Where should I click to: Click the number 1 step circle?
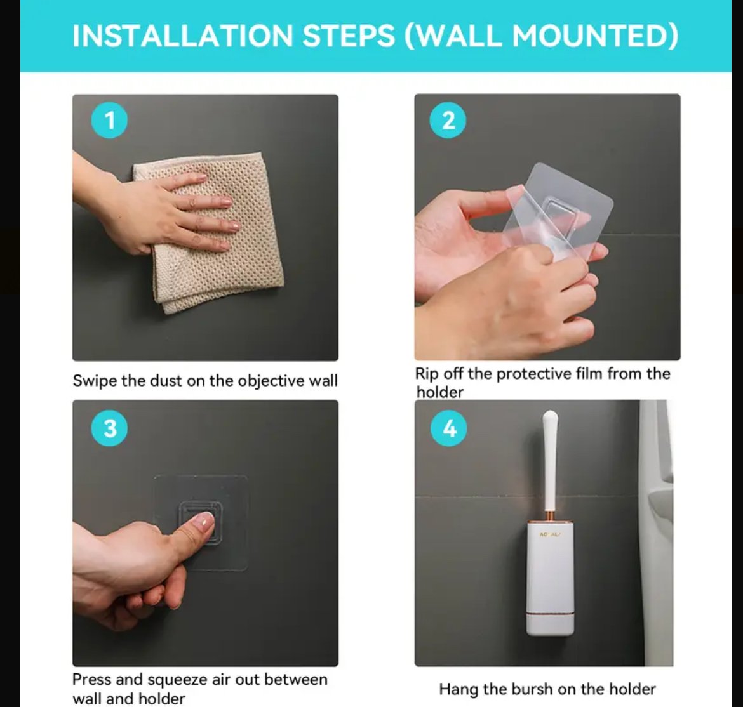(x=109, y=121)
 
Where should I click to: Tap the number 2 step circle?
(x=448, y=121)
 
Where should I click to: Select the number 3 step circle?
(x=109, y=428)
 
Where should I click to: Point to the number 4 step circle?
(x=449, y=428)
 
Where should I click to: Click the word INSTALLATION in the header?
(x=183, y=36)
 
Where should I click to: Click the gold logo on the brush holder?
(x=550, y=534)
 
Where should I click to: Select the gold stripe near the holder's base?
(x=550, y=614)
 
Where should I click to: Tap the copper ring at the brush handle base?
(x=550, y=515)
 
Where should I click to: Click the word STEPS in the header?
(x=349, y=36)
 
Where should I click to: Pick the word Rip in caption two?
(x=427, y=374)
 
